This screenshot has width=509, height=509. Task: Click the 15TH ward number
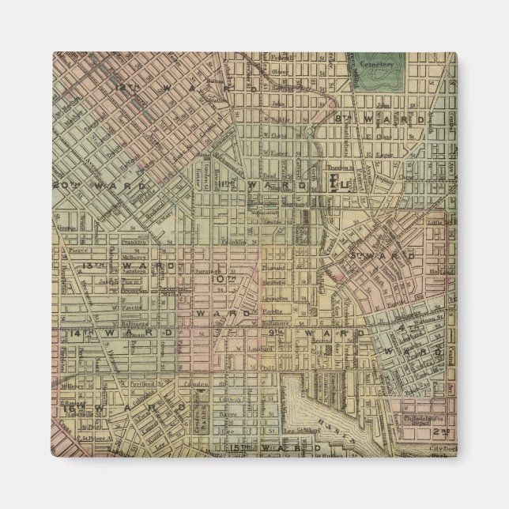pyautogui.click(x=237, y=448)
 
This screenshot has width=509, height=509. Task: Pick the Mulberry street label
pyautogui.click(x=133, y=256)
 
